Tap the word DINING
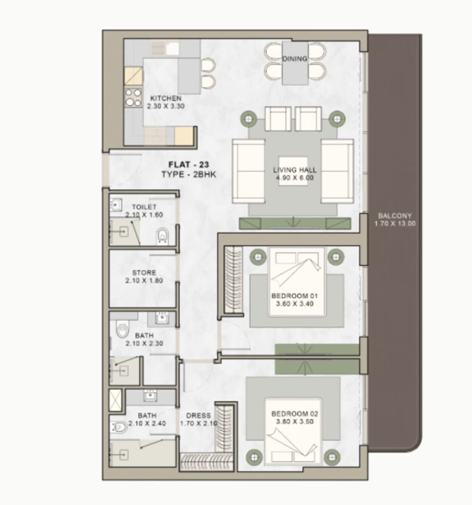point(294,59)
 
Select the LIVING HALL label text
point(294,171)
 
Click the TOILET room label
point(145,206)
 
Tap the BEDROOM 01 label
point(293,297)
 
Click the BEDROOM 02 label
point(293,414)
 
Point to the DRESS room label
point(198,415)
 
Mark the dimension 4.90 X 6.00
point(293,179)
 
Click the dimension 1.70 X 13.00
point(395,223)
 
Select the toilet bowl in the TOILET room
point(163,236)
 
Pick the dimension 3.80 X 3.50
point(293,423)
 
